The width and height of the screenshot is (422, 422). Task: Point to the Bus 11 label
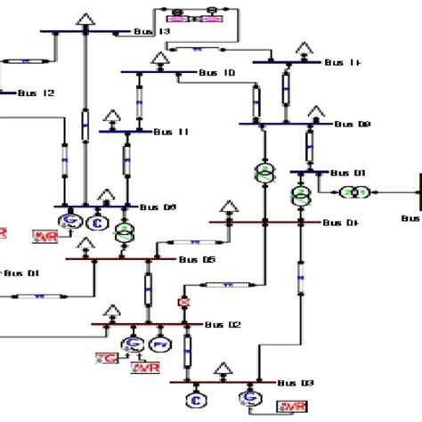[171, 132]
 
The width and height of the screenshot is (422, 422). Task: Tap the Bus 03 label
[295, 383]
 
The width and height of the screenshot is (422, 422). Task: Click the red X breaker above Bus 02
[185, 304]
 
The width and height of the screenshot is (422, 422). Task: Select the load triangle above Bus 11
[113, 116]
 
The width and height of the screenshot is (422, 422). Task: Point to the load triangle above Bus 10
[161, 59]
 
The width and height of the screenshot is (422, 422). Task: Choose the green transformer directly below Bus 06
[122, 231]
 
